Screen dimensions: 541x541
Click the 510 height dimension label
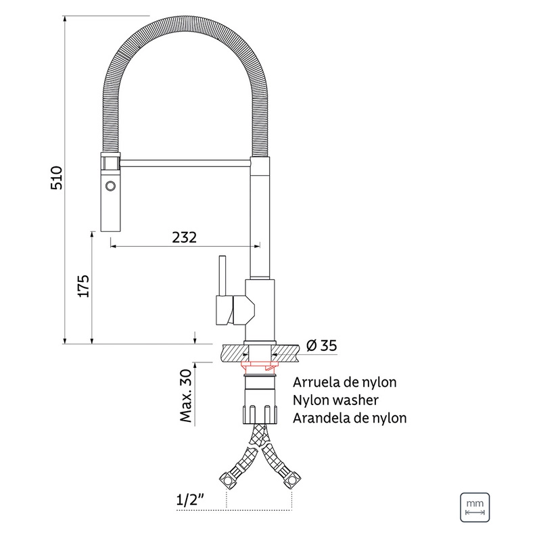coord(57,178)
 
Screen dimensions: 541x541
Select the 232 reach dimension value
coord(184,237)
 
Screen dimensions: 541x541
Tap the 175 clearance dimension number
coord(83,286)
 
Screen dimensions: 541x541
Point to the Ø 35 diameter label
coord(322,346)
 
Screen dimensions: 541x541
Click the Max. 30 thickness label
coord(185,396)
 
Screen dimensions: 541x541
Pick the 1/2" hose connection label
coord(190,499)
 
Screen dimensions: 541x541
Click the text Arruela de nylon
coord(345,382)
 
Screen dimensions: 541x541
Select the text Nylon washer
coord(335,400)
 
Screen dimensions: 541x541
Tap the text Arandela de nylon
coord(350,418)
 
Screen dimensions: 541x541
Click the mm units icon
coord(475,507)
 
